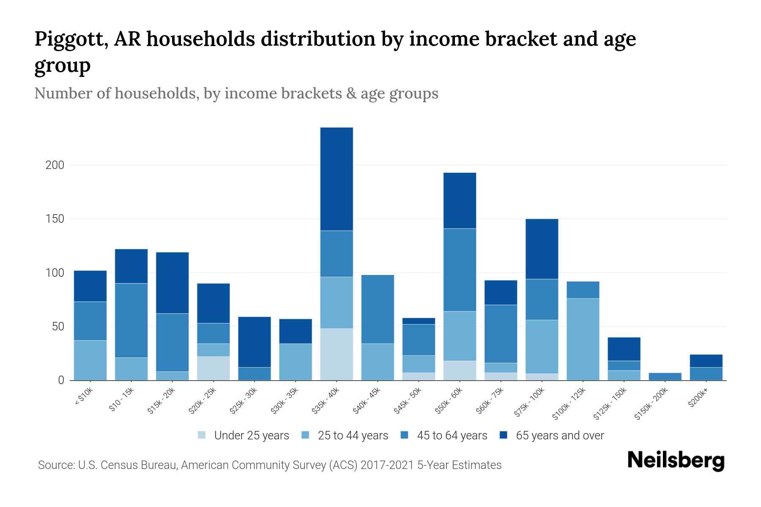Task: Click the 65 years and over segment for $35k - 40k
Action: [337, 179]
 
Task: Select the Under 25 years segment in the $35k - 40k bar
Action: [337, 354]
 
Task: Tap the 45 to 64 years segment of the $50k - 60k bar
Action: [460, 270]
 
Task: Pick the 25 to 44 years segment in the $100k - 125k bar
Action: [583, 339]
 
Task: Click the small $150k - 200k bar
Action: [665, 376]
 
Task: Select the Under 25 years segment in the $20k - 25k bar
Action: [214, 368]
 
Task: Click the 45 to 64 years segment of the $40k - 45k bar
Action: [378, 309]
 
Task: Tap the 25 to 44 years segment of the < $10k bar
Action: [90, 360]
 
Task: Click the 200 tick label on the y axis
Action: [55, 165]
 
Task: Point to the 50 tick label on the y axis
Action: [57, 327]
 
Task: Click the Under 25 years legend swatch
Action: [202, 435]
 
